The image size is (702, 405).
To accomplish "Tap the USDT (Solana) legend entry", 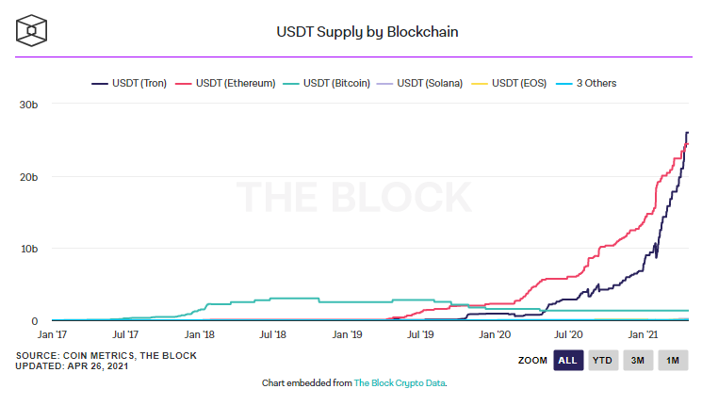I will click(430, 83).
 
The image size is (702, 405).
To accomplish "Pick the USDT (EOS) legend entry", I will click(517, 83).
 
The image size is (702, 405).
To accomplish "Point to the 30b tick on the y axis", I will click(28, 104).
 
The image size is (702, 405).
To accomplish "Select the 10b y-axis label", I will click(28, 249).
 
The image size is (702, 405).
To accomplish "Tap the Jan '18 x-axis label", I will click(199, 334).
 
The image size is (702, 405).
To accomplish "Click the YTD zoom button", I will click(602, 361).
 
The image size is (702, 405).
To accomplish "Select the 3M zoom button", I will click(637, 361).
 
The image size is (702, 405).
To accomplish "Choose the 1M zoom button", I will click(672, 361).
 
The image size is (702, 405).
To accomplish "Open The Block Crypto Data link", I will click(400, 383).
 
